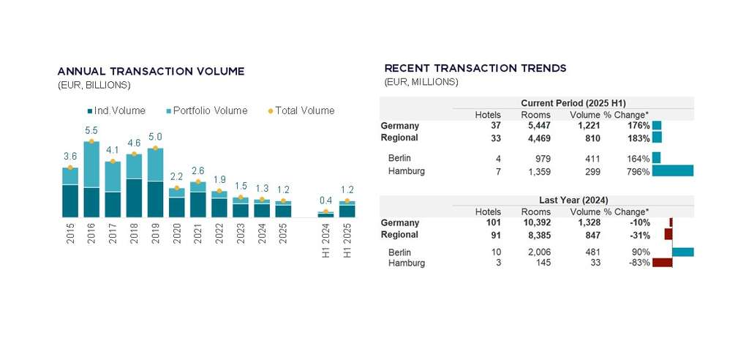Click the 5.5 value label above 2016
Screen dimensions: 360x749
91,131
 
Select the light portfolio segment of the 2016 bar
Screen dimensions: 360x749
91,165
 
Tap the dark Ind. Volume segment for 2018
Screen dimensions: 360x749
134,198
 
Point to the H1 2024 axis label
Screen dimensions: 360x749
326,241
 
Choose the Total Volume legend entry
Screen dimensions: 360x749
301,111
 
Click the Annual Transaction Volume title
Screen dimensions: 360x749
151,71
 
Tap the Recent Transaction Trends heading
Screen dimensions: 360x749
475,68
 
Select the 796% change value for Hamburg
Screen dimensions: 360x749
638,172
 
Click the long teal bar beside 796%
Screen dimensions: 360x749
672,171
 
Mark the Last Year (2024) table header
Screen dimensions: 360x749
573,200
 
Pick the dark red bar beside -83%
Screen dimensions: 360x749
662,263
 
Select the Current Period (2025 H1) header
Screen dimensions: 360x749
573,103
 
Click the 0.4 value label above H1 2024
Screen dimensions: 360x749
325,201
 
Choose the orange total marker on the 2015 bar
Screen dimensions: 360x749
70,168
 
